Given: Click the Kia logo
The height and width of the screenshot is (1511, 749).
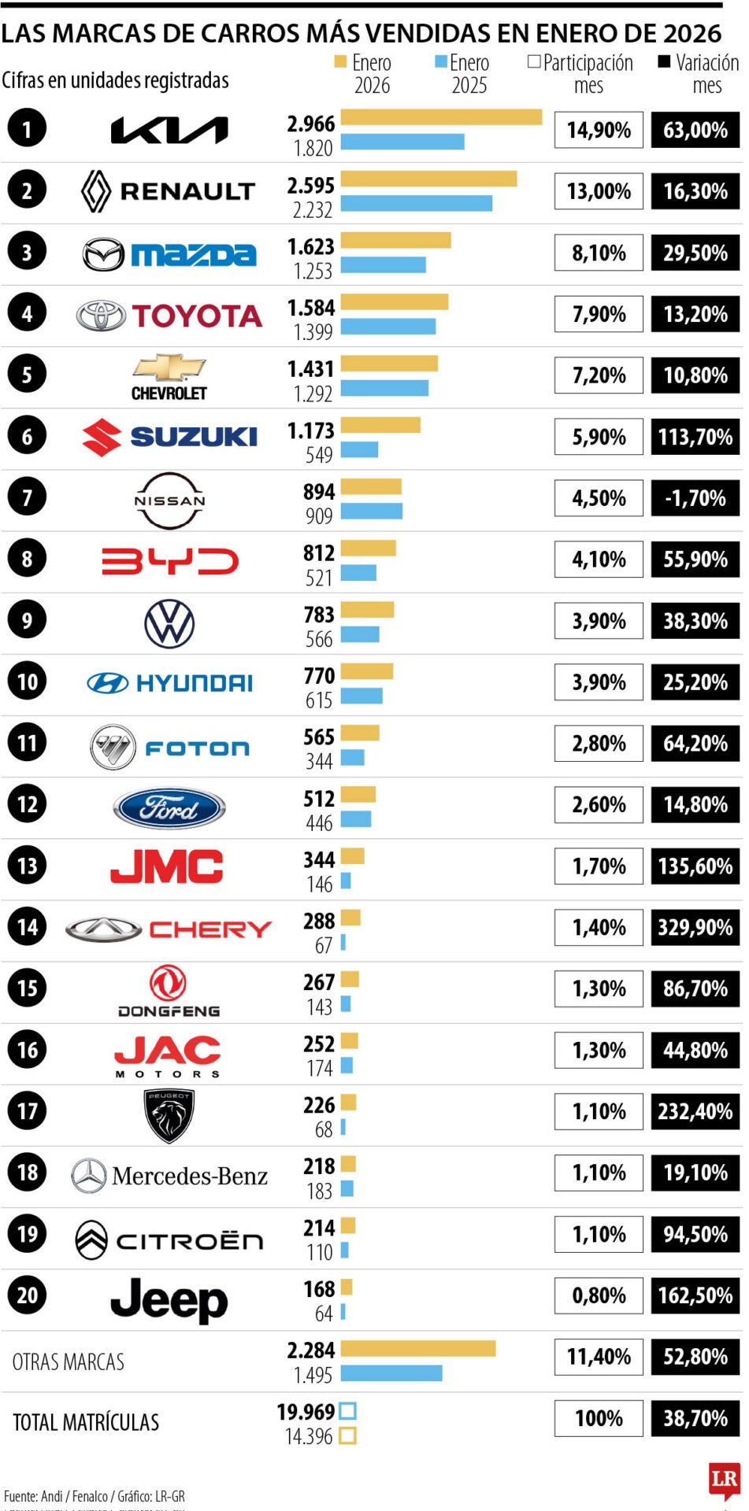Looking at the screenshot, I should click(169, 130).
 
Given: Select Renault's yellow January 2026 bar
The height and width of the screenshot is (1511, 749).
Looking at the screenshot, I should click(428, 179).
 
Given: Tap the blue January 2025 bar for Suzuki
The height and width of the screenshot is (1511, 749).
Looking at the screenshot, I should click(359, 449).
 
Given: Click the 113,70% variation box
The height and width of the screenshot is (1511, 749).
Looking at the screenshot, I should click(695, 437).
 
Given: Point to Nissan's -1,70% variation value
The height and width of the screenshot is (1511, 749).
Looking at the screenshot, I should click(695, 498).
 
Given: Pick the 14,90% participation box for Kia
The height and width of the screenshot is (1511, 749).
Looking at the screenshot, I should click(599, 130).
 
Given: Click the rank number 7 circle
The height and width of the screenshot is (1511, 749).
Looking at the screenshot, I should click(27, 497).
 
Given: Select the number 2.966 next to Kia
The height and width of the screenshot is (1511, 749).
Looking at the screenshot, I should click(310, 124).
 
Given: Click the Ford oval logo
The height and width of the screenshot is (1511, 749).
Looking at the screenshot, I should click(169, 808).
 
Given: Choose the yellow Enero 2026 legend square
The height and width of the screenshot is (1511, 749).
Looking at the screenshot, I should click(340, 62).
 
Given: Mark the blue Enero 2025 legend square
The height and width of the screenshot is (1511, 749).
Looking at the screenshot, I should click(441, 62).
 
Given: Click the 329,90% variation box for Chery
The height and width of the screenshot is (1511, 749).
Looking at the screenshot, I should click(695, 928).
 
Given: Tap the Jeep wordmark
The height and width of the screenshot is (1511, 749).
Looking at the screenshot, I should click(169, 1299).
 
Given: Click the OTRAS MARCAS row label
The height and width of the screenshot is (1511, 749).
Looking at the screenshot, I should click(69, 1361).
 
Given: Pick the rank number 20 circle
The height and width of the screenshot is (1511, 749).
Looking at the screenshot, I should click(27, 1295).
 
